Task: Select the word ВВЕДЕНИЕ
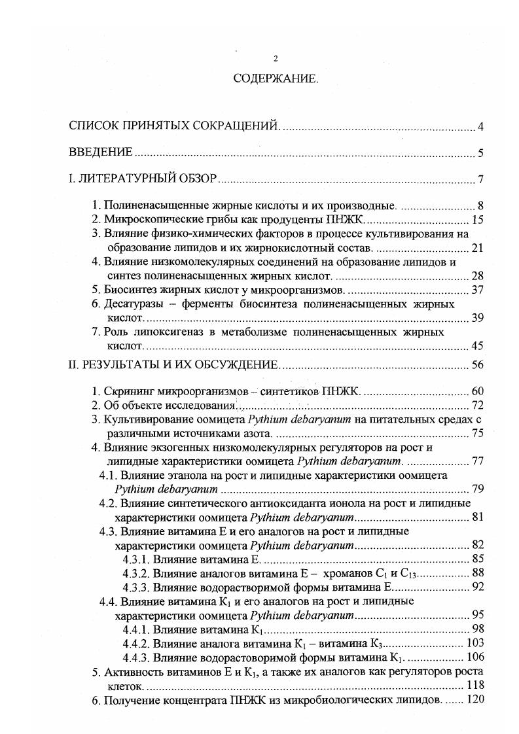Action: (101, 153)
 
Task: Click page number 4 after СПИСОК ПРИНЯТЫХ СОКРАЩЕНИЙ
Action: (480, 127)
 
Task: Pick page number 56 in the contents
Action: (477, 365)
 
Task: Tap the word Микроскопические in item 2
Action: (145, 219)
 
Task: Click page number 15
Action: (477, 219)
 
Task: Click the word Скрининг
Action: (128, 392)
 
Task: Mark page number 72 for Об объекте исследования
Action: (477, 406)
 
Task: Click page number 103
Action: (474, 643)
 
